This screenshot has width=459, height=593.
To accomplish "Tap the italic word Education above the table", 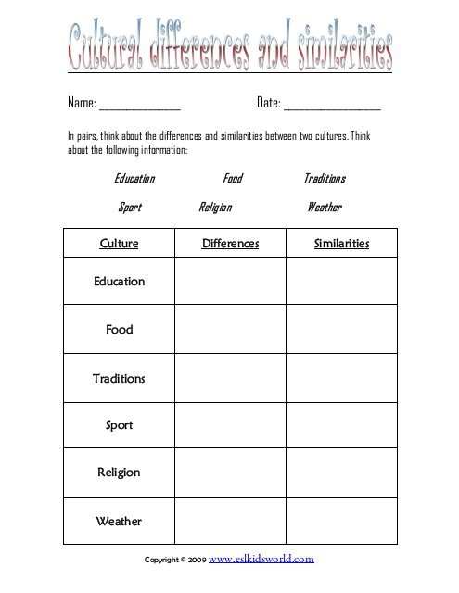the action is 134,178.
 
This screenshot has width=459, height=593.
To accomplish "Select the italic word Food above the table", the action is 232,178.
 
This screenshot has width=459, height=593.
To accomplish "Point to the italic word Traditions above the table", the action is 325,178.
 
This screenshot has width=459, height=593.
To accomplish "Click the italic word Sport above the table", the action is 130,208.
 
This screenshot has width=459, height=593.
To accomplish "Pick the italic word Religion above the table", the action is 215,208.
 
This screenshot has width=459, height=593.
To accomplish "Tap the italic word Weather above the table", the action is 325,208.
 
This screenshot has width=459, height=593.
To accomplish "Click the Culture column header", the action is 118,244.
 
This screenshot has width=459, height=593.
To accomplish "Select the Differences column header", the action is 230,244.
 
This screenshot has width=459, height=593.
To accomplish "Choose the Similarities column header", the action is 341,244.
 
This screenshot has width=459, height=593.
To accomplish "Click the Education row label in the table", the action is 119,282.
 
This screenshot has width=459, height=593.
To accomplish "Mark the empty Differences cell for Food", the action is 230,330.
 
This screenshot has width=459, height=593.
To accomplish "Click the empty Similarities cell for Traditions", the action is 341,378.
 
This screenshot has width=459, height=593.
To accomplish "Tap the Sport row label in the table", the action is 119,426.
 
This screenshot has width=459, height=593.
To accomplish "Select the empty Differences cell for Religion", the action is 230,473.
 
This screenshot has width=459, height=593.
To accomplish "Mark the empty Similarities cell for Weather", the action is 341,521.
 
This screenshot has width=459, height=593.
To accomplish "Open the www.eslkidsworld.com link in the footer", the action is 262,560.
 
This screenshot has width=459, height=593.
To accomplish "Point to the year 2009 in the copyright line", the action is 198,561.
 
